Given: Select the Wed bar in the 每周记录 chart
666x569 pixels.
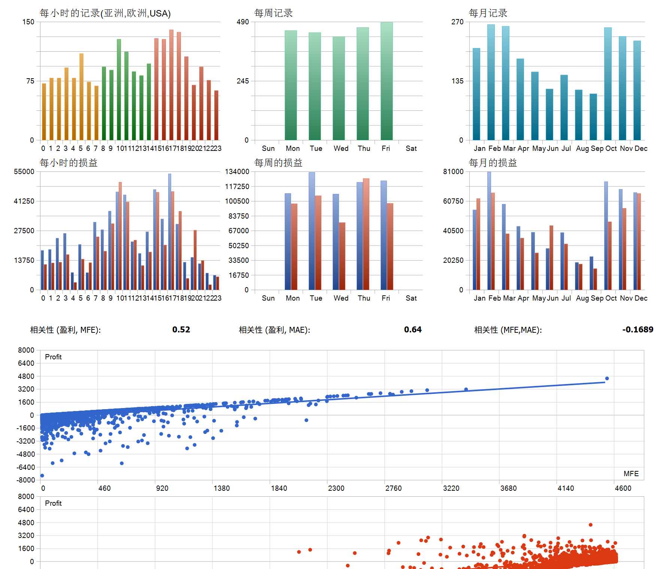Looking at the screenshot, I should (339, 88).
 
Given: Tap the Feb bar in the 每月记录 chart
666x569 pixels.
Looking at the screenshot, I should (491, 82).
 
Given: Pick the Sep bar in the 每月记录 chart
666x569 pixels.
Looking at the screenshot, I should (593, 117).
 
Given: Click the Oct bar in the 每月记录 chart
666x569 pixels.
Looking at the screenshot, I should (608, 84).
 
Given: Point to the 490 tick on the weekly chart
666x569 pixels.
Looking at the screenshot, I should (243, 22).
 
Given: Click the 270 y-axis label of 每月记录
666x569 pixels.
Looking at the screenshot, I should (457, 22).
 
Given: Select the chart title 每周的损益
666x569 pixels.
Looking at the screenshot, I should (278, 163).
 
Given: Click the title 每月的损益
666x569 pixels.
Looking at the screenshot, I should (493, 163).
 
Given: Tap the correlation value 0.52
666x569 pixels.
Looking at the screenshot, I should (181, 329).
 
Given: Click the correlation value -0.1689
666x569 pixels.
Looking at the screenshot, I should (638, 329).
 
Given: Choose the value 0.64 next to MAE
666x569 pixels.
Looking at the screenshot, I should (412, 329).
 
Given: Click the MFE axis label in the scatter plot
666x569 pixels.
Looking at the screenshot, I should (631, 474).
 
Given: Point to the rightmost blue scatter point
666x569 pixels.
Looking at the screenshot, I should (607, 378).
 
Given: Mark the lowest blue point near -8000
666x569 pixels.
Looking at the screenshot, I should (42, 475).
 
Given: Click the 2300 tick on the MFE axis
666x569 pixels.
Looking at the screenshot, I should (336, 488).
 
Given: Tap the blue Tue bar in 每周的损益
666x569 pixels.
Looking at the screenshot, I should (312, 231).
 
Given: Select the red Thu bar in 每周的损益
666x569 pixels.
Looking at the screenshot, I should (366, 234).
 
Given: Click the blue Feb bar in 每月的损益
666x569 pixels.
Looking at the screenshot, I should (489, 231).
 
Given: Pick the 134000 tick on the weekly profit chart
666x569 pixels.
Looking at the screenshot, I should (237, 172).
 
